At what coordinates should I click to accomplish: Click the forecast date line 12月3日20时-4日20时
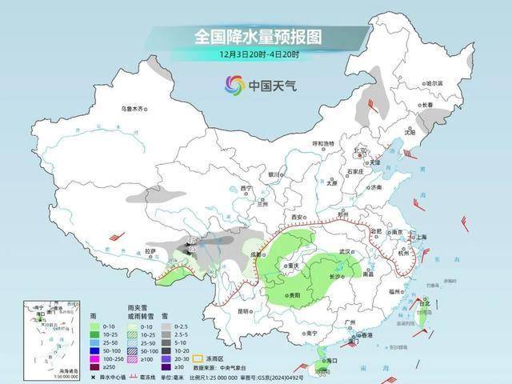click(258, 54)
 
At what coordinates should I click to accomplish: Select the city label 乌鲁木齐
click(134, 108)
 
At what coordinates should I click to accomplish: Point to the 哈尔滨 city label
click(433, 83)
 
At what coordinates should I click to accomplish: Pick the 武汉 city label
click(346, 251)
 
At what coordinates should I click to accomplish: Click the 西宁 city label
click(246, 189)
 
